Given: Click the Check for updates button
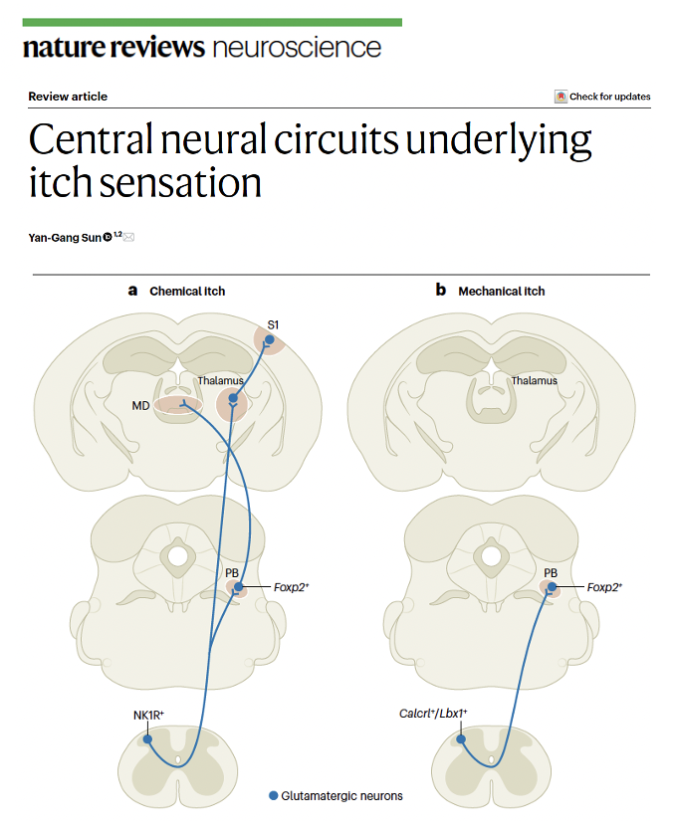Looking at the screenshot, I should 602,97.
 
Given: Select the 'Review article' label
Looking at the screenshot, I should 68,97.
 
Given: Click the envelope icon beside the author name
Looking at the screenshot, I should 128,236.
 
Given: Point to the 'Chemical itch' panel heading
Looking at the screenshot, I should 187,291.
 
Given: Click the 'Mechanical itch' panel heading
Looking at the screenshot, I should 501,291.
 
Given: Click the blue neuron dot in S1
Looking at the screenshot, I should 269,340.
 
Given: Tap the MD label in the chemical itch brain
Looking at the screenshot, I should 140,405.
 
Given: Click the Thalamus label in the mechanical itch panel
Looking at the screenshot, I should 535,380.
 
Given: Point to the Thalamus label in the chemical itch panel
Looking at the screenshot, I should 220,380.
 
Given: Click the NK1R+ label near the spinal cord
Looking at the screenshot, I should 148,714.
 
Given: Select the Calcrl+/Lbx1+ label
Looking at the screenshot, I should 433,714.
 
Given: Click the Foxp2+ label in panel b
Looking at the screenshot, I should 602,587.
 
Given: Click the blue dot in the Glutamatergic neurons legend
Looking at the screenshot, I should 275,796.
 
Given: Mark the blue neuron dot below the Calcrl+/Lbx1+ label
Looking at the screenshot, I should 461,739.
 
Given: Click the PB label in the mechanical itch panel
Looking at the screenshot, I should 552,573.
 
